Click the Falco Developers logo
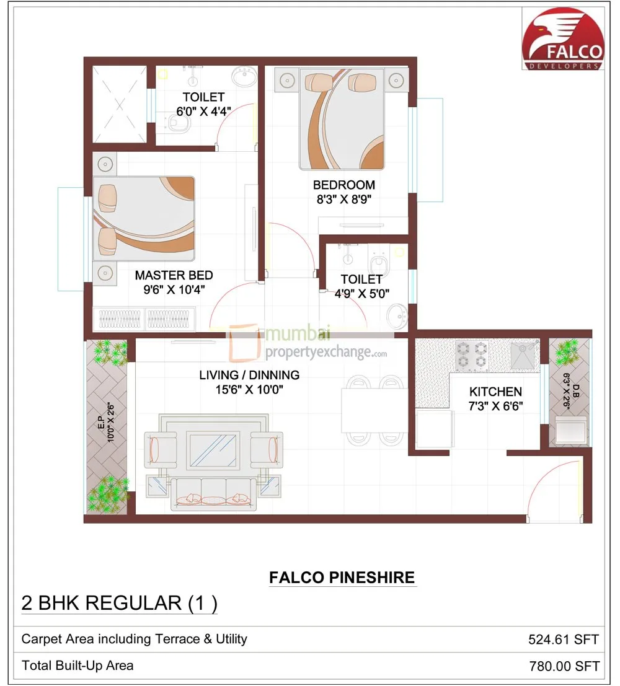562,38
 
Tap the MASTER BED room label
174,275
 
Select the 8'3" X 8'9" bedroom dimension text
343,198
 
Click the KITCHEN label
495,392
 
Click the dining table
374,410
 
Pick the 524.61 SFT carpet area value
564,640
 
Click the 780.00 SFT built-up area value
564,666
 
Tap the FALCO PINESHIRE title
342,578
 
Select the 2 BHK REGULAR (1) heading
119,603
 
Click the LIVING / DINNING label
249,375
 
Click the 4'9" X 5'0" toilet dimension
362,294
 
